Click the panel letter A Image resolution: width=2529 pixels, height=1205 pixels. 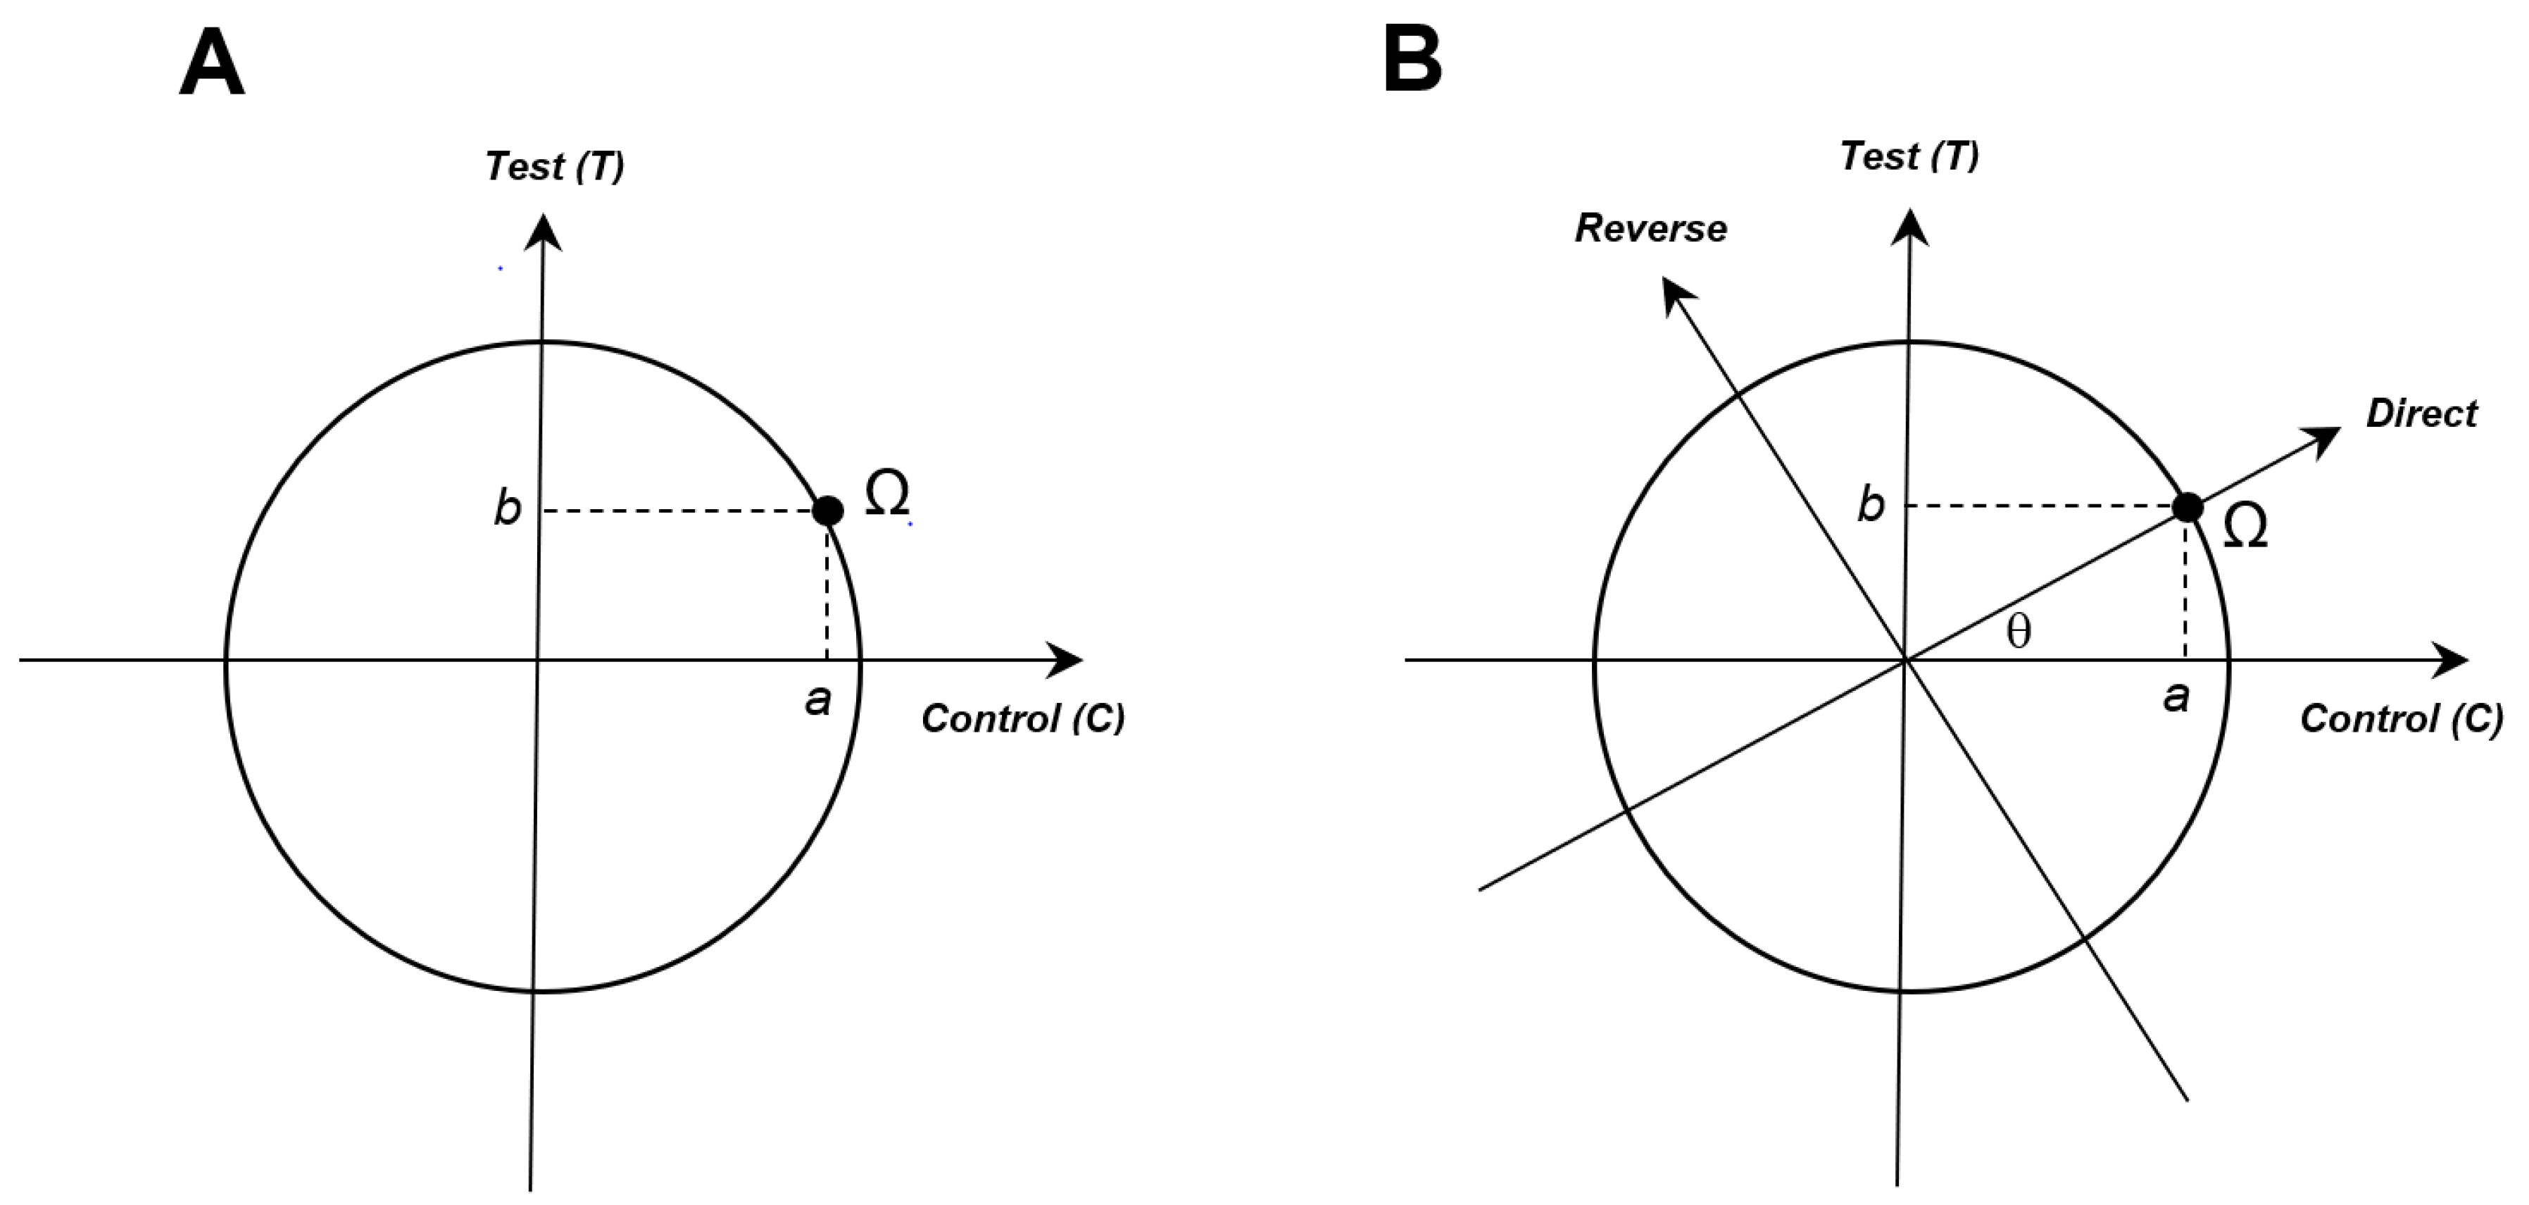[x=212, y=62]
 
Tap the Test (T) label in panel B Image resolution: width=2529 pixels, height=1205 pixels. [x=1909, y=157]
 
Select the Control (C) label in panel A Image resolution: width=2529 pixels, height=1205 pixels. [x=1022, y=719]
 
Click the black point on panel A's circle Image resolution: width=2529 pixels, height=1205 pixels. [x=829, y=511]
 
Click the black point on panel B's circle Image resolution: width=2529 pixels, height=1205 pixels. [x=2188, y=507]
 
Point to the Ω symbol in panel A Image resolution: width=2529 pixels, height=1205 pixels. [x=886, y=493]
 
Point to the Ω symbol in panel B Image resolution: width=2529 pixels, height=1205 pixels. [x=2245, y=527]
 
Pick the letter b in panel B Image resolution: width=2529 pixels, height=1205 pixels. [x=1871, y=506]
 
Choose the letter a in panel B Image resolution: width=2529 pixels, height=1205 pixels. [x=2176, y=697]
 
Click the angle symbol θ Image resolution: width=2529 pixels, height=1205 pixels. [x=2019, y=632]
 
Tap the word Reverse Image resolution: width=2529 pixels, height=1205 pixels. [x=1650, y=229]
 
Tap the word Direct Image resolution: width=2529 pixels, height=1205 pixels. [x=2421, y=413]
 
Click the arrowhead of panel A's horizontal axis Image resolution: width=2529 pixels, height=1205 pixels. [x=1068, y=660]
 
